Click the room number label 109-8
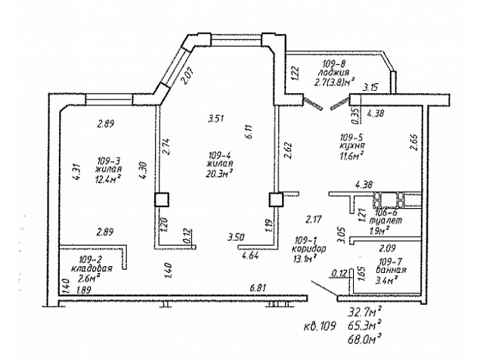pyautogui.click(x=333, y=64)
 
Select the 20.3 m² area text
pyautogui.click(x=220, y=171)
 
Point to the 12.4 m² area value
pyautogui.click(x=109, y=179)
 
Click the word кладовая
pyautogui.click(x=92, y=268)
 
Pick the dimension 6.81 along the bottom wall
pyautogui.click(x=261, y=288)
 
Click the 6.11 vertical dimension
pyautogui.click(x=248, y=133)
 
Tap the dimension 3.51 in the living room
pyautogui.click(x=218, y=118)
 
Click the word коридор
pyautogui.click(x=308, y=249)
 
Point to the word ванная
pyautogui.click(x=395, y=270)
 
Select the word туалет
pyautogui.click(x=386, y=221)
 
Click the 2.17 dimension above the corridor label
pyautogui.click(x=314, y=220)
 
